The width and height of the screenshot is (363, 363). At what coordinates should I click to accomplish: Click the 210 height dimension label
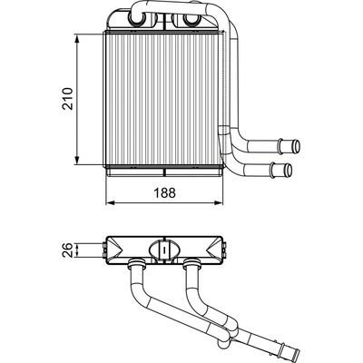click(68, 99)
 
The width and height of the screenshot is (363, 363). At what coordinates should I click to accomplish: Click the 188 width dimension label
click(165, 192)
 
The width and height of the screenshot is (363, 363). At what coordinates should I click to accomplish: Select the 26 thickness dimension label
click(68, 250)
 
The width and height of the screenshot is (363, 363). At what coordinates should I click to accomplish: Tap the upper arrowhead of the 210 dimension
click(77, 39)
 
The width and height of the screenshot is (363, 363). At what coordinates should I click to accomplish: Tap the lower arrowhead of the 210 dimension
click(77, 161)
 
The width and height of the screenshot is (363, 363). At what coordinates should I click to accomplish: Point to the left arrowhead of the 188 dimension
click(110, 202)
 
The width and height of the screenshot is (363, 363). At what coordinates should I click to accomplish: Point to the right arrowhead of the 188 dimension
click(219, 202)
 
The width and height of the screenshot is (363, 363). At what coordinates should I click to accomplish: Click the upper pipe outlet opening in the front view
click(298, 146)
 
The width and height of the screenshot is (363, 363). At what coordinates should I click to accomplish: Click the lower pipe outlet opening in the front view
click(289, 171)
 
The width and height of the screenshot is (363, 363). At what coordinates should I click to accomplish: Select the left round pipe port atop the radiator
click(135, 19)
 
